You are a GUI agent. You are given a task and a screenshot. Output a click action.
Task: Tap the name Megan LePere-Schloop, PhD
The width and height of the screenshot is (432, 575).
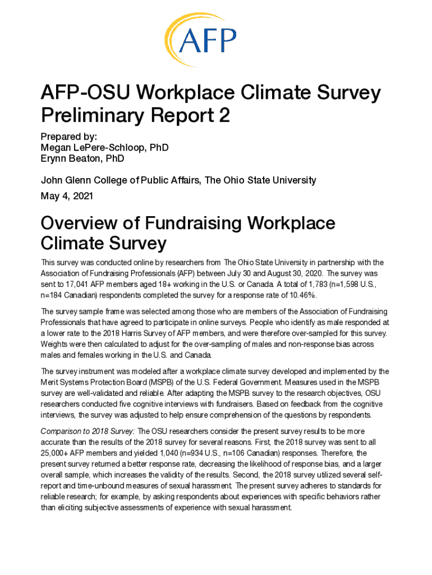pos(104,148)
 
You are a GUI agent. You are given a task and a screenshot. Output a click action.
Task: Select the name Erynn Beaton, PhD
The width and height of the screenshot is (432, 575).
pos(82,158)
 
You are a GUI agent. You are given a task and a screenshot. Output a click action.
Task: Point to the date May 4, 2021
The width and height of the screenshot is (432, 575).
pos(67,197)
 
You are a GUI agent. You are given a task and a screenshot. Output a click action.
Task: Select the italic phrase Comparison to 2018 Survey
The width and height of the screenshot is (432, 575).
pos(88,431)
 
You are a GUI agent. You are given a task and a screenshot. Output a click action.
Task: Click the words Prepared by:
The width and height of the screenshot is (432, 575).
pos(69,136)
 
